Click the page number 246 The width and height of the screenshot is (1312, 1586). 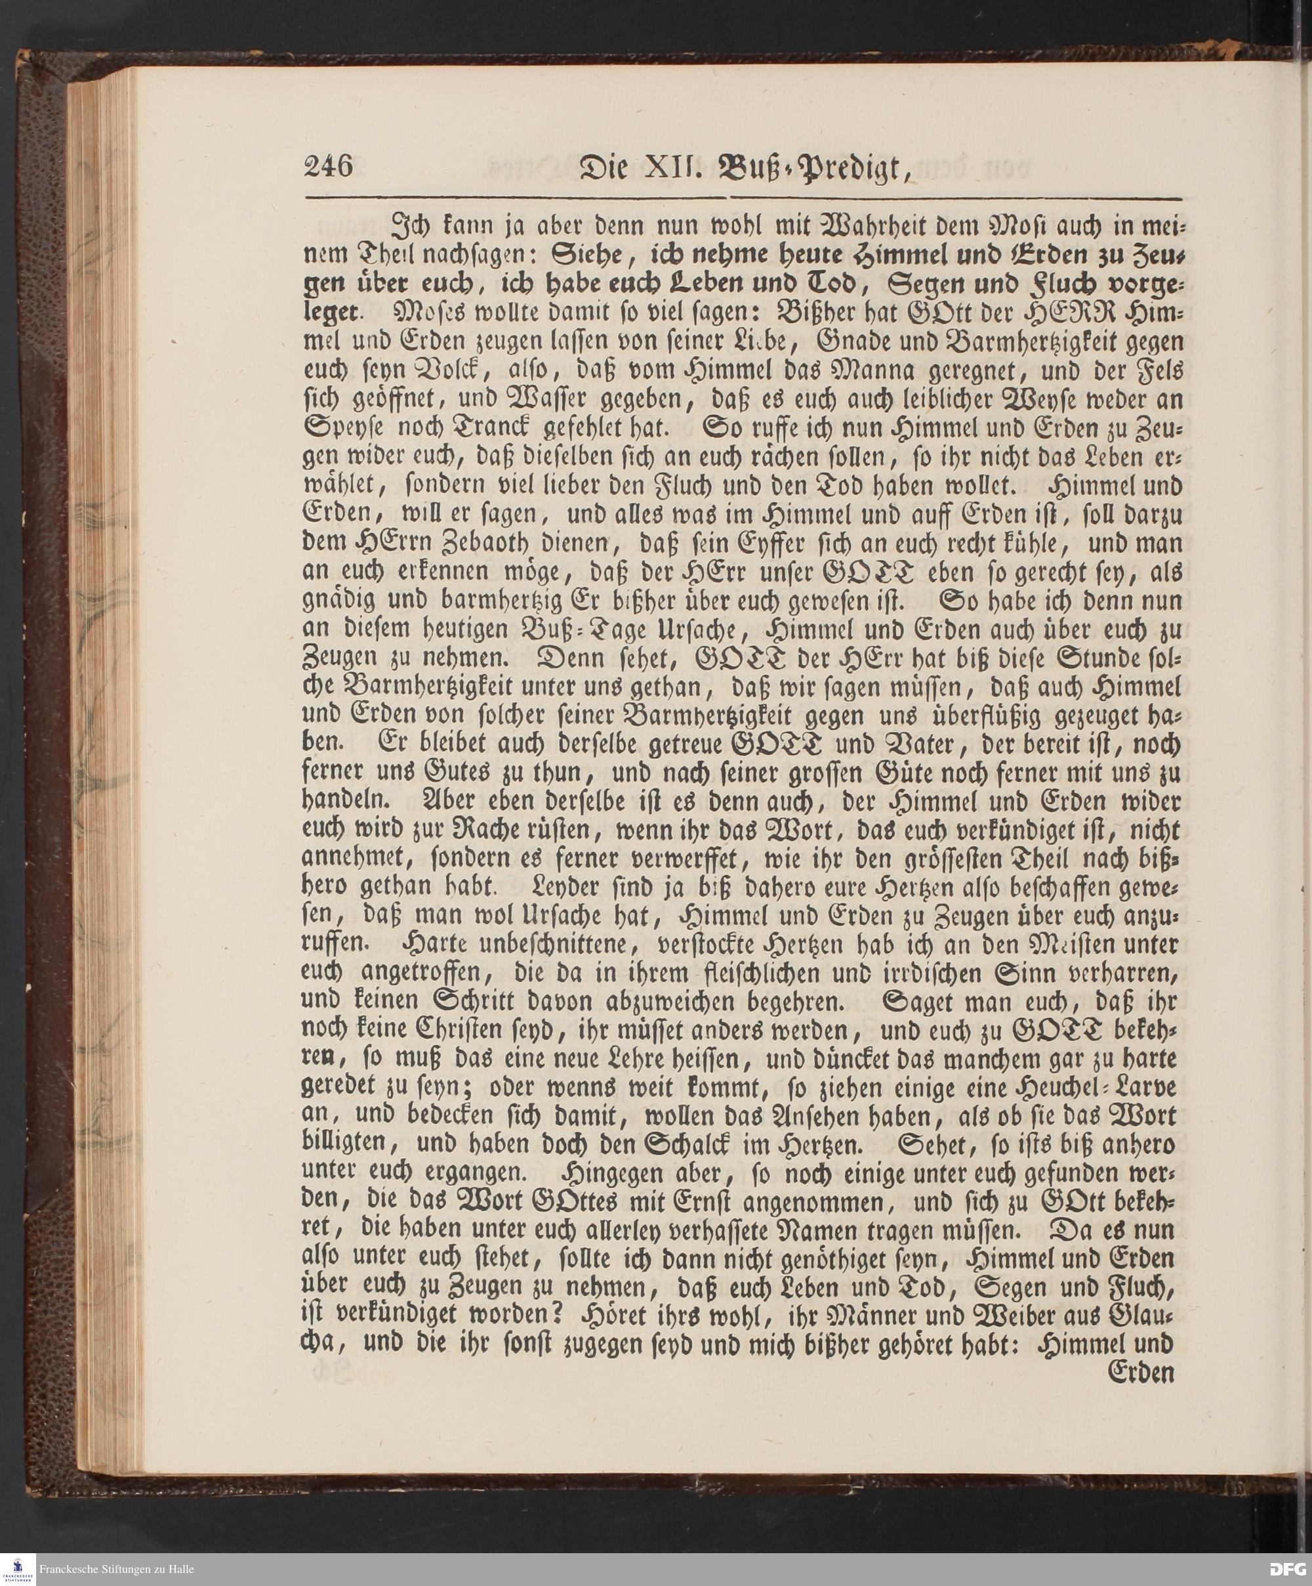coord(329,165)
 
